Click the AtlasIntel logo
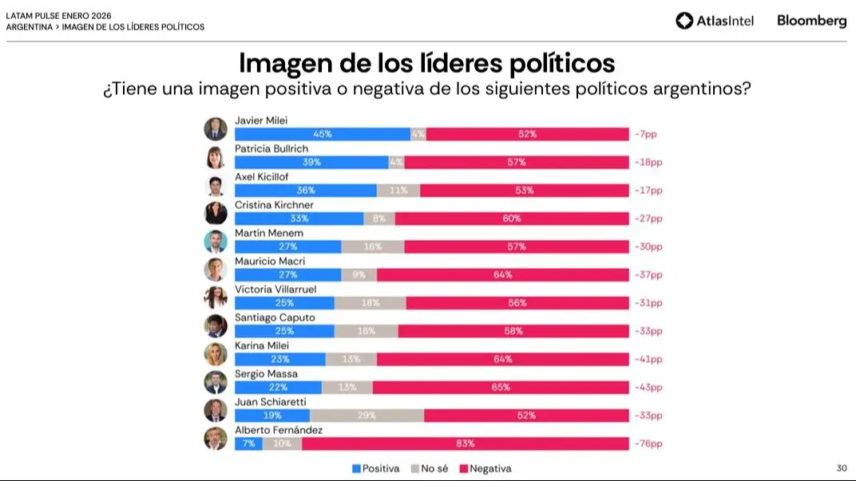(715, 21)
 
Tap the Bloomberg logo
(811, 21)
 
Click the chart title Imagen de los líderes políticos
(427, 62)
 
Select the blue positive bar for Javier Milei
(323, 134)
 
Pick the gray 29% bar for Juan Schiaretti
(367, 416)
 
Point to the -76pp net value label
(648, 444)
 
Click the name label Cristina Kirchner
(274, 205)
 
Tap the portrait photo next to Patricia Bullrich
(216, 157)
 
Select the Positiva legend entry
(375, 468)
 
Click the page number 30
(841, 467)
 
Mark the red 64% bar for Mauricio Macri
(503, 274)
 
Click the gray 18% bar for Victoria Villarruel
(370, 303)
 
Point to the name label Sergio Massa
(266, 373)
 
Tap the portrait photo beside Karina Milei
(216, 354)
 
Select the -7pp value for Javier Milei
(645, 134)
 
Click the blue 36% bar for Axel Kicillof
(305, 190)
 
